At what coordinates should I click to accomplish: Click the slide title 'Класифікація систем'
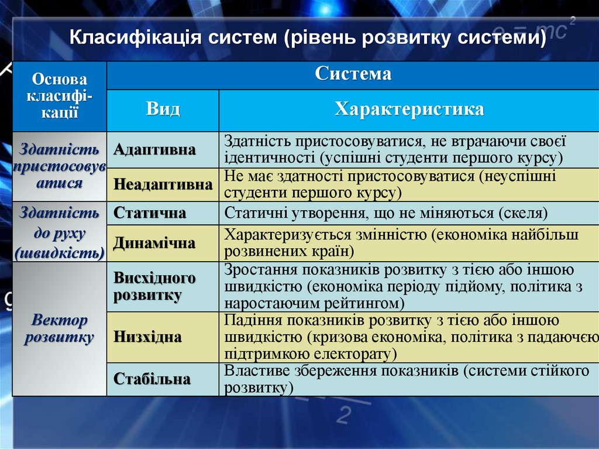(x=308, y=38)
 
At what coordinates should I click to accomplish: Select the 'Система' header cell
(x=353, y=75)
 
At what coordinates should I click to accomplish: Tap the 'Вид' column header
(x=163, y=109)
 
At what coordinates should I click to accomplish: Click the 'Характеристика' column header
(x=409, y=109)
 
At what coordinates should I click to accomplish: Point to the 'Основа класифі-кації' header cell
(x=60, y=96)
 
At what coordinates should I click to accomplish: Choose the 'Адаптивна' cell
(x=154, y=150)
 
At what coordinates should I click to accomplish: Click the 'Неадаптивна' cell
(x=163, y=185)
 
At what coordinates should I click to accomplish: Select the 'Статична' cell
(x=150, y=213)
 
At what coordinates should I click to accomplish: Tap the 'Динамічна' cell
(x=154, y=243)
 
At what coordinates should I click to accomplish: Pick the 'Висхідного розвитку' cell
(x=154, y=286)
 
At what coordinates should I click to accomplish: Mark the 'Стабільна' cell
(x=152, y=379)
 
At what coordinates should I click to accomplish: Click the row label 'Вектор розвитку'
(x=60, y=329)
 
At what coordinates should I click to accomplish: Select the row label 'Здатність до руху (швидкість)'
(x=60, y=232)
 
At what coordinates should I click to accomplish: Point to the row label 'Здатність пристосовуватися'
(x=60, y=166)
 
